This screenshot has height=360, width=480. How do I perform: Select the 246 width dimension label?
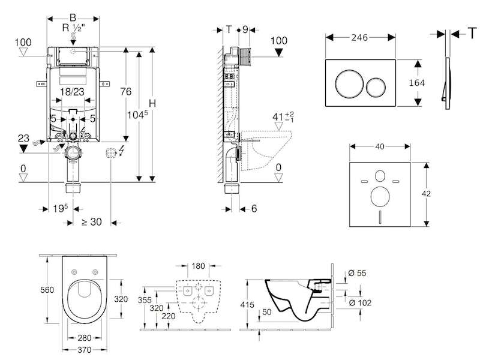360,37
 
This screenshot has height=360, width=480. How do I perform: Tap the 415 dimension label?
248,305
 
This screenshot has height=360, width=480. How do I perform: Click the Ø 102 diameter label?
360,303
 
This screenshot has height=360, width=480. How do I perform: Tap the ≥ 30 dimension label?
91,221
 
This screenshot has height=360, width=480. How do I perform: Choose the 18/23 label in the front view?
72,92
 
